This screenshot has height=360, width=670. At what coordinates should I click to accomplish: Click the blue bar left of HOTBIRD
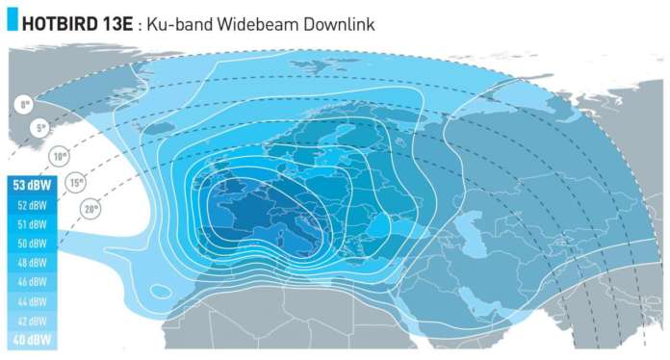(11, 22)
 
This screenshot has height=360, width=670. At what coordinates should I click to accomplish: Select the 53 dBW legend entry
(31, 185)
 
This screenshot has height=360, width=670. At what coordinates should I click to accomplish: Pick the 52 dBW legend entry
(32, 205)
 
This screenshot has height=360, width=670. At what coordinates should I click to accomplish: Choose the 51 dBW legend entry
(32, 224)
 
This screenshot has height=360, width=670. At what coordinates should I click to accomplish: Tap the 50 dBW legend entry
(32, 244)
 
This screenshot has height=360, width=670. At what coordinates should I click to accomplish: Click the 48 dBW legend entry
(32, 263)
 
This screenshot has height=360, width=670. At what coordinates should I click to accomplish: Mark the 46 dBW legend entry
(32, 282)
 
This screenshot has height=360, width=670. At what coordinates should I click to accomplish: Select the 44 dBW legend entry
(32, 301)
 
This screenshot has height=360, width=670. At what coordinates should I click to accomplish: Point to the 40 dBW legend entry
(32, 340)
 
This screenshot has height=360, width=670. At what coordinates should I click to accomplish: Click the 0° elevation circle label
(22, 104)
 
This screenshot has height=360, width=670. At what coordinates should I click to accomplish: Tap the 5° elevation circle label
(41, 127)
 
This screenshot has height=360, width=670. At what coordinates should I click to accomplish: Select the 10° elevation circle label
(60, 156)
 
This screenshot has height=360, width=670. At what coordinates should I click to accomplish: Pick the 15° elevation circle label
(76, 181)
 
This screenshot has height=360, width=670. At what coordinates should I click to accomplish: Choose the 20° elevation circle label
(91, 207)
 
